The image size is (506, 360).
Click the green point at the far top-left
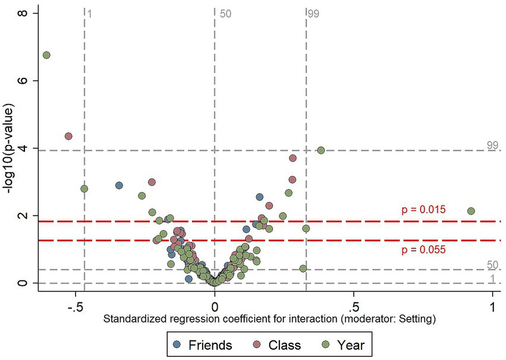click(x=46, y=55)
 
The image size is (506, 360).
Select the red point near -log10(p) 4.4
click(x=68, y=136)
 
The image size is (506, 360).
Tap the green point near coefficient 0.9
click(x=471, y=211)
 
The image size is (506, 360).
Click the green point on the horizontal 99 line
click(x=321, y=150)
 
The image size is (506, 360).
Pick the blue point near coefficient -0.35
click(x=119, y=185)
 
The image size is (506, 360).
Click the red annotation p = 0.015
click(x=424, y=210)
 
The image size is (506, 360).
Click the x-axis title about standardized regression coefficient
click(x=270, y=319)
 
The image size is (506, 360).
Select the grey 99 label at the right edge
click(x=492, y=144)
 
